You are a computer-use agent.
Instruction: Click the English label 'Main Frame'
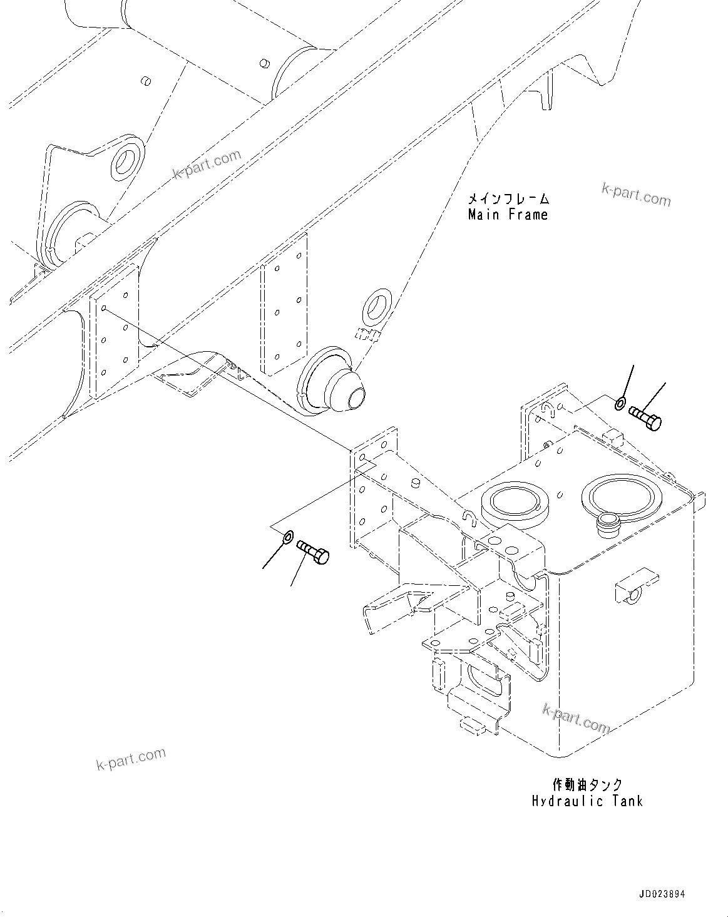(x=508, y=215)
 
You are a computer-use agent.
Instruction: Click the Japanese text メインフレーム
(x=508, y=199)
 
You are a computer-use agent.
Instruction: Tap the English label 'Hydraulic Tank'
(x=587, y=801)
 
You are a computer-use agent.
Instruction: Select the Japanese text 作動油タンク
(x=587, y=785)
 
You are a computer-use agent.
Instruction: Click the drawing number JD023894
(x=662, y=894)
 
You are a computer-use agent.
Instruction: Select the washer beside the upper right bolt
(x=619, y=403)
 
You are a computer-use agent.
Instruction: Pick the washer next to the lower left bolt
(x=288, y=536)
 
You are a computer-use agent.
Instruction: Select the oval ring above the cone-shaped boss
(x=377, y=305)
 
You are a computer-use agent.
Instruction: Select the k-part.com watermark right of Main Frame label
(x=635, y=195)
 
